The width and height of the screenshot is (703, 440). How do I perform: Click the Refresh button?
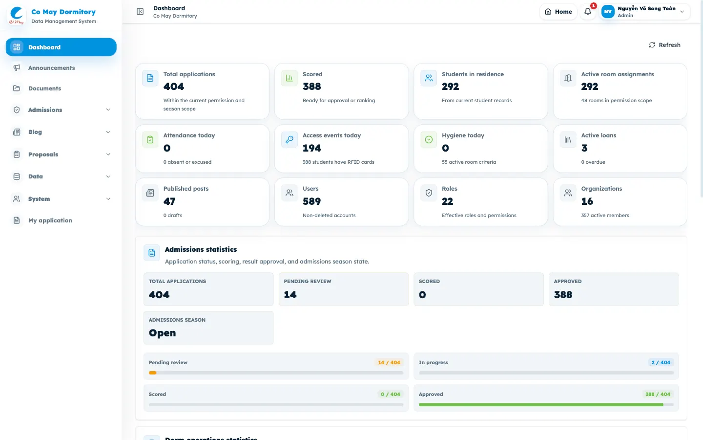tap(665, 45)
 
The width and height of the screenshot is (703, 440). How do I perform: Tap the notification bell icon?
tap(588, 12)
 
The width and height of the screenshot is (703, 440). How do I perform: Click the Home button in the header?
tap(558, 12)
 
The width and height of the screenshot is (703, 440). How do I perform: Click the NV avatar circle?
tap(608, 12)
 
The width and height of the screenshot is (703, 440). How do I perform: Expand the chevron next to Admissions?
tap(108, 110)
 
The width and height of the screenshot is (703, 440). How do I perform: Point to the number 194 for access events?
tap(311, 148)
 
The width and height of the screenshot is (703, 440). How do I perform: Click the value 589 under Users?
tap(311, 201)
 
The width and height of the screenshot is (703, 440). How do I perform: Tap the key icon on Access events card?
tap(289, 139)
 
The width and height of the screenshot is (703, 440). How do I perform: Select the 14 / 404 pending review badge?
tap(389, 362)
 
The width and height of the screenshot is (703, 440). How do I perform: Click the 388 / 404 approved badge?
tap(658, 394)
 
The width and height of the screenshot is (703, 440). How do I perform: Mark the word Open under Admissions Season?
tap(162, 333)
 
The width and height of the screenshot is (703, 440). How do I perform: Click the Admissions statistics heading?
tap(201, 249)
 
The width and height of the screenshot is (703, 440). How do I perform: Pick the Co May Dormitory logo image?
tap(16, 16)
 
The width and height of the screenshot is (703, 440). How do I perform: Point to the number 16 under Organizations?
tap(587, 201)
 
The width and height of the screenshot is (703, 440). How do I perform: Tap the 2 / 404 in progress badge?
tap(661, 362)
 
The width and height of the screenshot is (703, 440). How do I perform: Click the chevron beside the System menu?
tap(108, 198)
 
